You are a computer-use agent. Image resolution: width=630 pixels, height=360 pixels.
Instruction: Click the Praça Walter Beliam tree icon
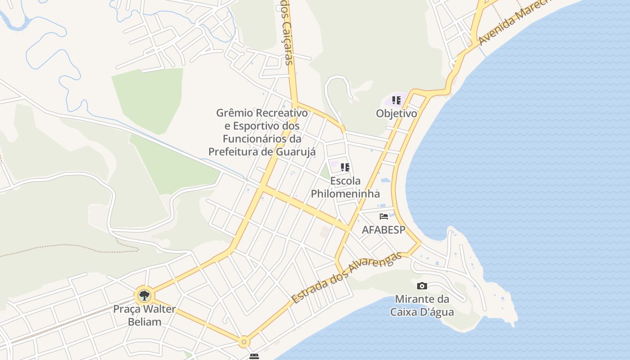(x=144, y=296)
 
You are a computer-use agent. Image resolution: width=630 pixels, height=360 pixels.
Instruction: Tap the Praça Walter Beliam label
(x=144, y=315)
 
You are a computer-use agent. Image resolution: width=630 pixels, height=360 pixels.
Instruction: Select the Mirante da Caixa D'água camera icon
(x=422, y=286)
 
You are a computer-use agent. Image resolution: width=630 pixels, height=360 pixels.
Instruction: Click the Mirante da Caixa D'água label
(x=422, y=305)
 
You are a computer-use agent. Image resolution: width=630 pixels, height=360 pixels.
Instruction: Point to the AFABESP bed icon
(x=384, y=216)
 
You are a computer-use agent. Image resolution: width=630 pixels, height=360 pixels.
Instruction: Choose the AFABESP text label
(x=384, y=229)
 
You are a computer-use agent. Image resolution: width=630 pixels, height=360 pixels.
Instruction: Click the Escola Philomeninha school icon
(x=345, y=167)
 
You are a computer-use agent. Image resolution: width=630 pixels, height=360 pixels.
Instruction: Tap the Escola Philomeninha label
(x=345, y=187)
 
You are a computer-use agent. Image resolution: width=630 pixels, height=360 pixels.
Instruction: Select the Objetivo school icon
(x=396, y=100)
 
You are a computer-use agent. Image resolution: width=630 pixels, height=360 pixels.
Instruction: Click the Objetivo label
(x=396, y=113)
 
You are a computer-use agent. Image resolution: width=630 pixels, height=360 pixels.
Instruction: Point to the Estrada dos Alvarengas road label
(x=346, y=278)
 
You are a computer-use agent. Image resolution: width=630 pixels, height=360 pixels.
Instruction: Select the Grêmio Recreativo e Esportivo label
(x=262, y=132)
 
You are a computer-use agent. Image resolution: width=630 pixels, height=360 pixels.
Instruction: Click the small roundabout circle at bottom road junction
(x=244, y=342)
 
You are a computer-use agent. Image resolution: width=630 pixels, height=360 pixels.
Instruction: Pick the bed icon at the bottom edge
(x=254, y=356)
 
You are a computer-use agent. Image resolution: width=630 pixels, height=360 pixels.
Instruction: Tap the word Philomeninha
(x=345, y=194)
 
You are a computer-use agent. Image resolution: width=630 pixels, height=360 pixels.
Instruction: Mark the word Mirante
(x=415, y=299)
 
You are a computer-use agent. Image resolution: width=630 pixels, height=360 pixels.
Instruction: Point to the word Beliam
(x=144, y=322)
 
